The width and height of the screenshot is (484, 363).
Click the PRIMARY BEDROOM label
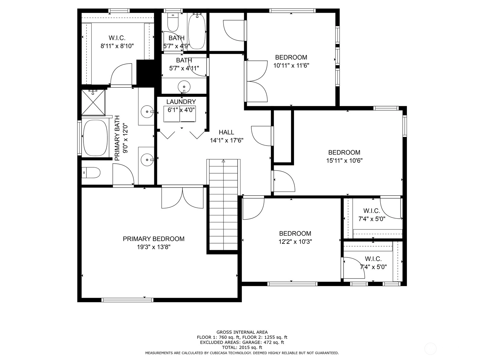153,239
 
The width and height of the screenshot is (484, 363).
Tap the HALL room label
227,132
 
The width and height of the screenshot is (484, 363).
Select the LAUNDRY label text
181,102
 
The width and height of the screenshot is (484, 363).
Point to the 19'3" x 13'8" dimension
154,247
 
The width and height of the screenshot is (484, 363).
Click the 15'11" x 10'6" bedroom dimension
344,160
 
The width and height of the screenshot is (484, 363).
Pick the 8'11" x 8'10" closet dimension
117,46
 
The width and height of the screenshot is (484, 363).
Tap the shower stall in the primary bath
93,103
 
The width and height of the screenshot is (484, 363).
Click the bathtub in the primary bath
95,138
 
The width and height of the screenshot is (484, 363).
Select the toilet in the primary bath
91,172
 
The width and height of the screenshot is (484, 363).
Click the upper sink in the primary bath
147,112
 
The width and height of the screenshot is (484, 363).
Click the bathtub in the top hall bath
197,31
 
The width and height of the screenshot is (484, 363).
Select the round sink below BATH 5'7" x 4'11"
184,87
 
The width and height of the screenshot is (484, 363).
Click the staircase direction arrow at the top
223,161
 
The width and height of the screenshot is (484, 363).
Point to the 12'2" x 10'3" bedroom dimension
295,242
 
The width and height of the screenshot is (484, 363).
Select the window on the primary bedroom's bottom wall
127,300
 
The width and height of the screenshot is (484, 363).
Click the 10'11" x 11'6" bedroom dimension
291,65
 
